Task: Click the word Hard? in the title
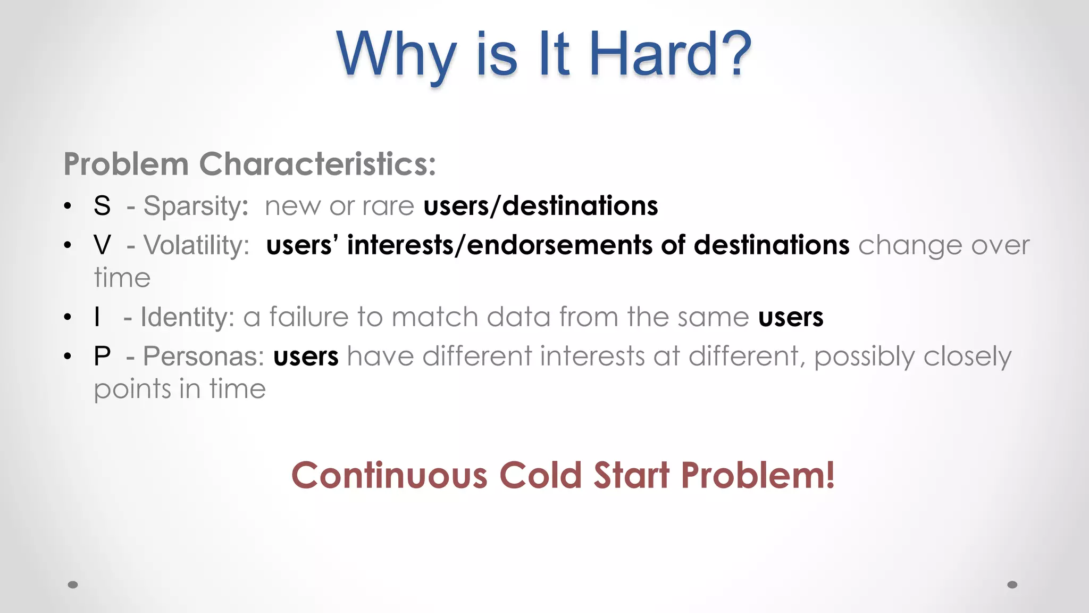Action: pos(670,54)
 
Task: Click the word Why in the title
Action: pos(396,54)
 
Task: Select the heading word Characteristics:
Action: pos(317,164)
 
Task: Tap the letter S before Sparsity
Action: pos(102,206)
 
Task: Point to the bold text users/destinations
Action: pos(540,206)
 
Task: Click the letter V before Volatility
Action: pos(102,245)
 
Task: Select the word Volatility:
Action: pos(196,246)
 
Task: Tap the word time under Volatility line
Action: pos(122,278)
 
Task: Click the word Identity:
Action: pos(187,318)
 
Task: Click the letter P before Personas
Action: pos(102,356)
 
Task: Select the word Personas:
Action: pos(203,356)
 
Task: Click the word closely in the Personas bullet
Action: pos(967,357)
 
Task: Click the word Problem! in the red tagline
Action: pos(757,475)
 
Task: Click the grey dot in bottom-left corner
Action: pos(73,585)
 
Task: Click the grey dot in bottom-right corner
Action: pos(1012,585)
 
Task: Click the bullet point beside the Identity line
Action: pos(67,318)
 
